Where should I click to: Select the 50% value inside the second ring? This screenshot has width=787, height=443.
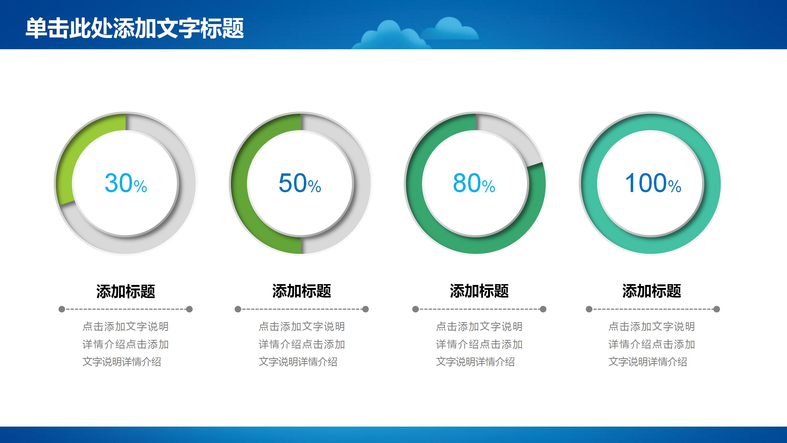point(300,183)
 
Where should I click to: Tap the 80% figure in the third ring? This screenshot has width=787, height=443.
point(474,183)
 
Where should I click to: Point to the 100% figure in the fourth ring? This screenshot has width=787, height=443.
point(653,183)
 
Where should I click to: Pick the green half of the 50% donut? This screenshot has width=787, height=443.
point(240,183)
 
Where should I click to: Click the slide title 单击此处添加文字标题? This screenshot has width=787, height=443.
point(134,28)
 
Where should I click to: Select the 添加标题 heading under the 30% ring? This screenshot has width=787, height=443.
point(126,291)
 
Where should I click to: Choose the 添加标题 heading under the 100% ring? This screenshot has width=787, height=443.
point(652,291)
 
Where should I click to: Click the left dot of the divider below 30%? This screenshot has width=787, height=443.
point(62,309)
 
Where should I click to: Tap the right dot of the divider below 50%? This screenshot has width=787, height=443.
point(365,309)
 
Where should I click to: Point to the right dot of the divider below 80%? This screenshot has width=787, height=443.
point(543,309)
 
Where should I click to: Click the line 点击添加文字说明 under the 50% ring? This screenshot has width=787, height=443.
point(301,327)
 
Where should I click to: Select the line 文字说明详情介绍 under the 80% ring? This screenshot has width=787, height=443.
point(475,362)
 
